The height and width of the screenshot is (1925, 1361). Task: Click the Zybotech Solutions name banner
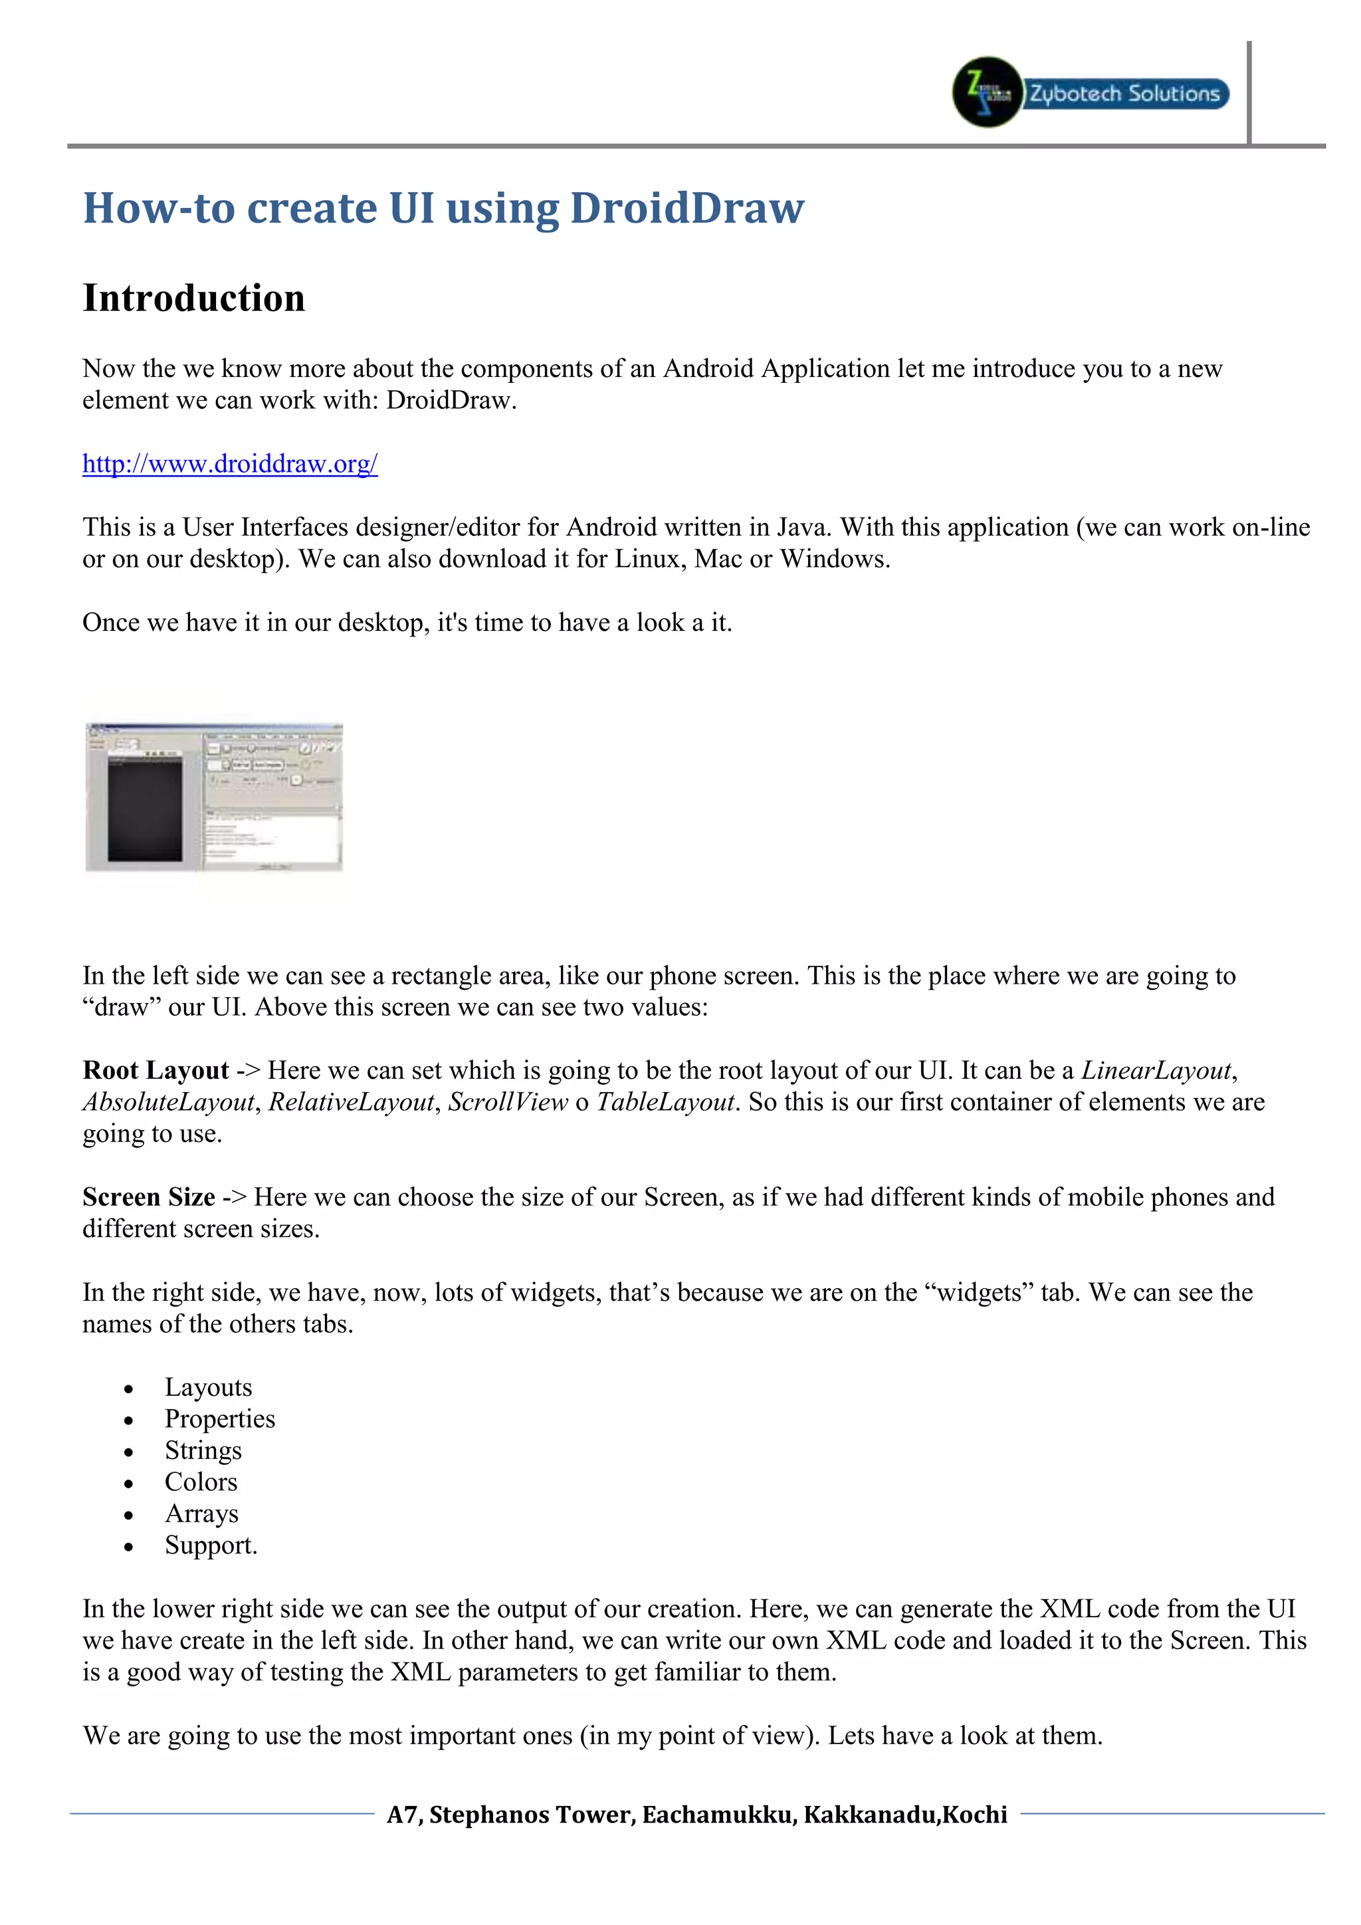1126,93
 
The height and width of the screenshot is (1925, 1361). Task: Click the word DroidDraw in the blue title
686,208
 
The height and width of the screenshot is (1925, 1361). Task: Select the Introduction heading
193,298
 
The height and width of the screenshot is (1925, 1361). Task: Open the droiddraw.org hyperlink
230,464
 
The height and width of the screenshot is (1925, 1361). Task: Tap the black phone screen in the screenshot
145,809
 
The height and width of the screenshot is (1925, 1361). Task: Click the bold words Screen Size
148,1197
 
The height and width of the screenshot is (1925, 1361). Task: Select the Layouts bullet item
208,1387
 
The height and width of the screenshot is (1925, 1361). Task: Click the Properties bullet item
219,1418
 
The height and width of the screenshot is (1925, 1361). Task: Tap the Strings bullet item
203,1450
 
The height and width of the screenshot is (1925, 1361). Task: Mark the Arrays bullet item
201,1514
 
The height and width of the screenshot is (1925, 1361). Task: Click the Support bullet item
211,1545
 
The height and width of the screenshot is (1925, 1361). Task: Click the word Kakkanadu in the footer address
870,1815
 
